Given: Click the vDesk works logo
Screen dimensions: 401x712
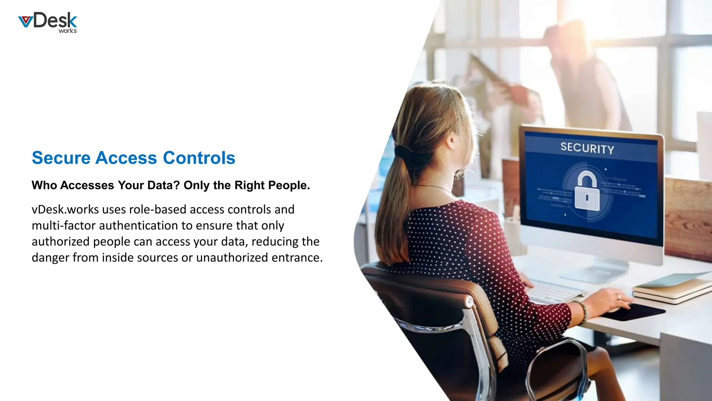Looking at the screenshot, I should pos(48,23).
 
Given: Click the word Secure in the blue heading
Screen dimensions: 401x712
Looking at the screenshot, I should pos(61,158).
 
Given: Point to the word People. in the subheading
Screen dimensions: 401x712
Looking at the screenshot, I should pos(290,185).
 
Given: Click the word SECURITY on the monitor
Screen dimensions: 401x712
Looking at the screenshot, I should pos(587,148).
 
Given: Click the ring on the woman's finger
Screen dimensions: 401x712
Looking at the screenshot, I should pos(618,297).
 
